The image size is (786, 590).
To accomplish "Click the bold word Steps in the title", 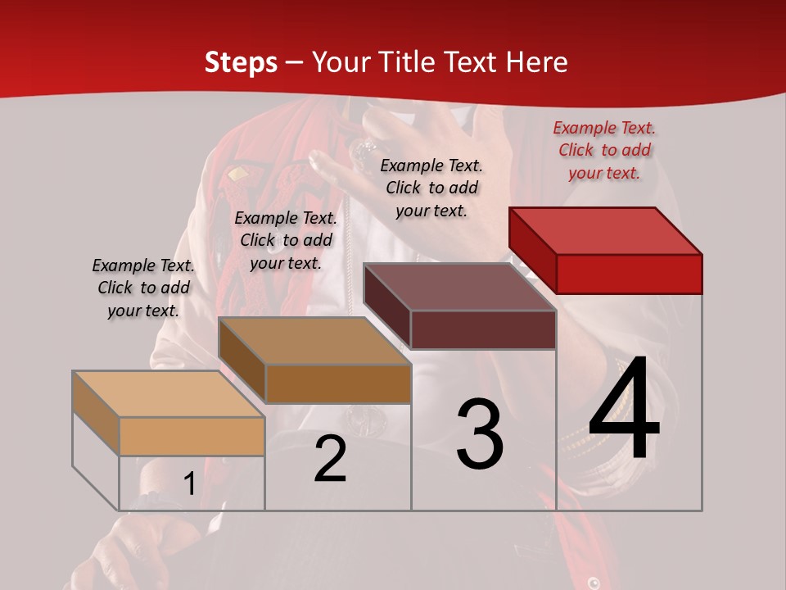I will coord(241,62).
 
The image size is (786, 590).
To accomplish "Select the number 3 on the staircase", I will coord(480,434).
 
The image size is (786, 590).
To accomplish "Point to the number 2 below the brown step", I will coord(331,460).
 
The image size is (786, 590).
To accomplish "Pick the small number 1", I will coord(189,484).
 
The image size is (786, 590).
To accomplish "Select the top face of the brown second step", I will coord(314,340).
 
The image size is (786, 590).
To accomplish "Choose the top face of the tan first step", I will coord(169,394).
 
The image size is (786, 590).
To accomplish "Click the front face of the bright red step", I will coord(629,274).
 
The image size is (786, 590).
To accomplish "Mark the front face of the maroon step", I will coord(483,329).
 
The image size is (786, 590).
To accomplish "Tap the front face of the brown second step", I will coord(338,383).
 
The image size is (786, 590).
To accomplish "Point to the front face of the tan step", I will coord(192,436).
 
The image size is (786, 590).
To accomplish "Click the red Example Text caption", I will coord(604,150).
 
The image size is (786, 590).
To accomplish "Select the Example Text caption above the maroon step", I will coord(431,188).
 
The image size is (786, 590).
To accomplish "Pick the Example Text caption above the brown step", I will coord(286,240).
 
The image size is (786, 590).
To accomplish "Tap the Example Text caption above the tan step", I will coord(143,288).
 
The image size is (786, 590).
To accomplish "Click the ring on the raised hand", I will coord(362,150).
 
